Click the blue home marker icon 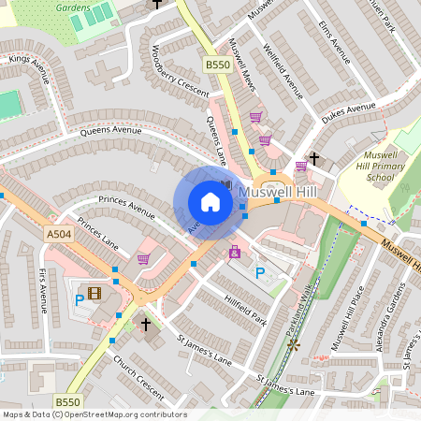210,202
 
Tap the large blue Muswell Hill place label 279,192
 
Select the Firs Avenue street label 43,289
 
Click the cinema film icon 94,293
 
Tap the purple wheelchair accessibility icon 234,252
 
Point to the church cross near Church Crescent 145,324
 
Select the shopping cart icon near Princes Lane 143,259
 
